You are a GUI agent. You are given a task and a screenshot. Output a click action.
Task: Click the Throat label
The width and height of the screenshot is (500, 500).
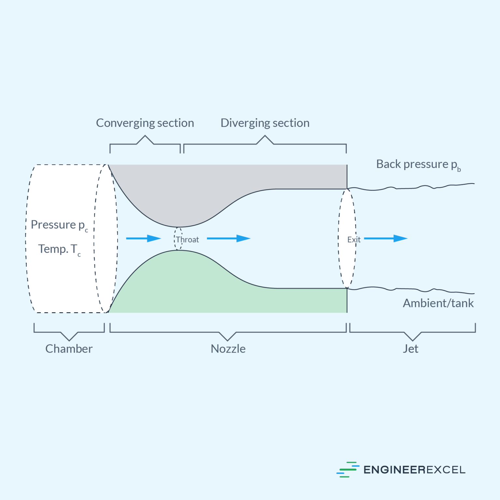pyautogui.click(x=187, y=240)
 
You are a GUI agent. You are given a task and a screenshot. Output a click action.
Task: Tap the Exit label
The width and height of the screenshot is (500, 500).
pyautogui.click(x=354, y=240)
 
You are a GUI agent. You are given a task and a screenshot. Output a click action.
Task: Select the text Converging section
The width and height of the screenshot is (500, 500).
pyautogui.click(x=145, y=123)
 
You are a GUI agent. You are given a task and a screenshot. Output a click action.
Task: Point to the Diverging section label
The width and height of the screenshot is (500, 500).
pyautogui.click(x=265, y=123)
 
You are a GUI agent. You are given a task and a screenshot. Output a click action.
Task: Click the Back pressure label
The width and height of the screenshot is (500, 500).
pyautogui.click(x=418, y=164)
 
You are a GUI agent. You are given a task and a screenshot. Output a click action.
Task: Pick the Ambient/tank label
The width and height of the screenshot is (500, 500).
pyautogui.click(x=438, y=303)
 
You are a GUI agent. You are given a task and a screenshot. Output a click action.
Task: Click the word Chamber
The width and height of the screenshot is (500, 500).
pyautogui.click(x=69, y=349)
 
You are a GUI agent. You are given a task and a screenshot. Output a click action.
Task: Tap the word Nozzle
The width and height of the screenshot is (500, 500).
pyautogui.click(x=228, y=349)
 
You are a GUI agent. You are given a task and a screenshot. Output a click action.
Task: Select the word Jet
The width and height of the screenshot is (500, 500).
pyautogui.click(x=410, y=349)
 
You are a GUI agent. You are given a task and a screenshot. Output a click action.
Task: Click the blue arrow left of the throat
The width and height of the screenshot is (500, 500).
pyautogui.click(x=143, y=239)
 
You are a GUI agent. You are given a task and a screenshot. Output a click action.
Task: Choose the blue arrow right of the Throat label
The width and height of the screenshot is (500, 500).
pyautogui.click(x=228, y=239)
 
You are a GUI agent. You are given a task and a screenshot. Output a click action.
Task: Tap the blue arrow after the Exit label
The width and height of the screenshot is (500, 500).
pyautogui.click(x=385, y=239)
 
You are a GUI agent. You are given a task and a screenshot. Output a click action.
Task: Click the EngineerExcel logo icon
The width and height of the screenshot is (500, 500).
pyautogui.click(x=348, y=469)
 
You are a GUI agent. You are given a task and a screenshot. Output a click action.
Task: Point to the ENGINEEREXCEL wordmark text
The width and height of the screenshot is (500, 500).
pyautogui.click(x=414, y=470)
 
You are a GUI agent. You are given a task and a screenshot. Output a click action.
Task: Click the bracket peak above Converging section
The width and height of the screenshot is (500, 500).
pyautogui.click(x=145, y=136)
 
